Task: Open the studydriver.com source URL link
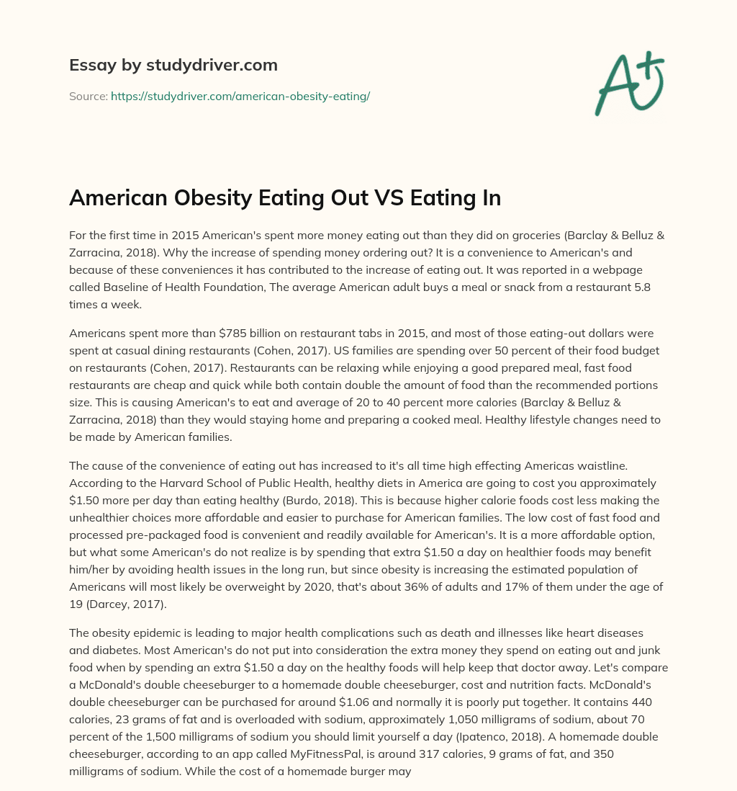pyautogui.click(x=240, y=96)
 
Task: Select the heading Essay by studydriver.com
pyautogui.click(x=173, y=65)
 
